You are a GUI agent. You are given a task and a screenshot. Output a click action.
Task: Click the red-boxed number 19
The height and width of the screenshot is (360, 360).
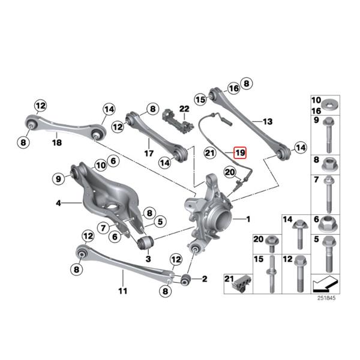coord(240,152)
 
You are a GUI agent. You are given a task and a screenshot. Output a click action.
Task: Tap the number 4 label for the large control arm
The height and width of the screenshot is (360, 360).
coord(59,204)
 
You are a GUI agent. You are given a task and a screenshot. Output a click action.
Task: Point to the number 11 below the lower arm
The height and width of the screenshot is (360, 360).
coord(122,292)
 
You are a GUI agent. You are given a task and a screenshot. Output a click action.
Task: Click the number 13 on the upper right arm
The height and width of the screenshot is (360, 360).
coord(267,122)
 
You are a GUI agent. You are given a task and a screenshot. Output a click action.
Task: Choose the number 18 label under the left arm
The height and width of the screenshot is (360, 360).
coord(56,142)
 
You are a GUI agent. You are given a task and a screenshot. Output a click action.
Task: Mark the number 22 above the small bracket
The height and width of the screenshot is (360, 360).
coord(184,109)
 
